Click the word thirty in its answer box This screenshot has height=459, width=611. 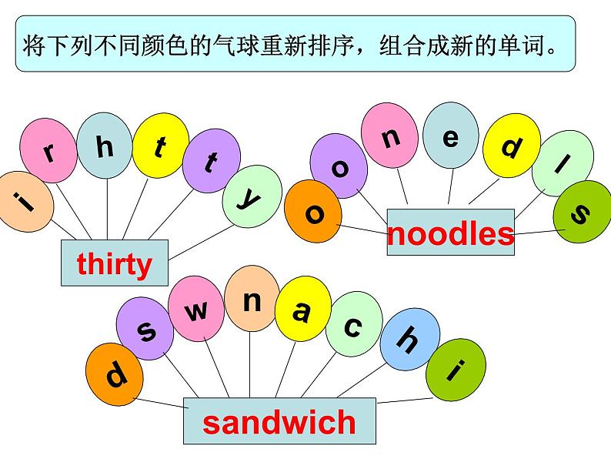115,264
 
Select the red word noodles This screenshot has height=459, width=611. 450,233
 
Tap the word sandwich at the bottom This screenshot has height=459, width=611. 279,422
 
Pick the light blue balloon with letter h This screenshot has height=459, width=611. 105,145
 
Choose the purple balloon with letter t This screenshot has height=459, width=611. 210,162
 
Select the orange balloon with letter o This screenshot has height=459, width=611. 314,212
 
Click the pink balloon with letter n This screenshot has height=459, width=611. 391,137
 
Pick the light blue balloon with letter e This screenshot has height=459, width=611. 450,137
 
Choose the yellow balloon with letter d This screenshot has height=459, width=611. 510,146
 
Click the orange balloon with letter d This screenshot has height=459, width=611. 115,377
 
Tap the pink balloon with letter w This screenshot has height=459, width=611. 198,310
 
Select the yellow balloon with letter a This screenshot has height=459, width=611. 302,311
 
